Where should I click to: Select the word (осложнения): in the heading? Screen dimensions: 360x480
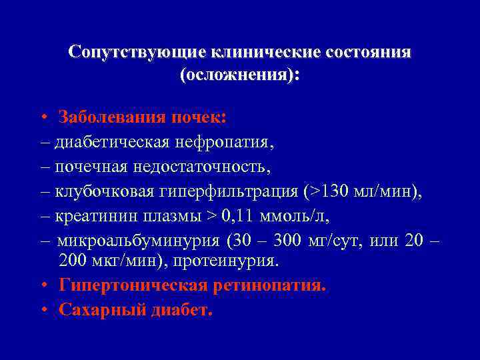pos(240,75)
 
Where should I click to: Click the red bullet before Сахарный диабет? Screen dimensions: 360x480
pos(43,310)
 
